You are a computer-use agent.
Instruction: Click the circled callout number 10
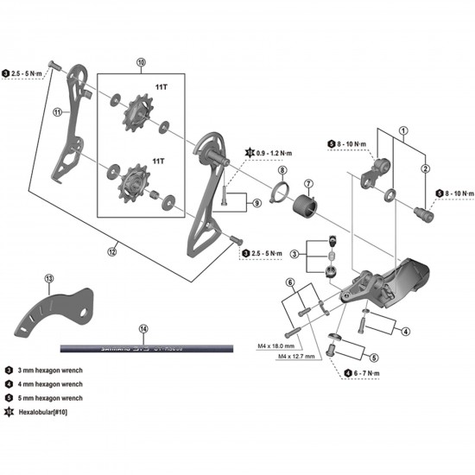click(x=142, y=63)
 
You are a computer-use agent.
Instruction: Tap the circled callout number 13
click(x=49, y=278)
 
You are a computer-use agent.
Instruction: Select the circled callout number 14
click(x=143, y=329)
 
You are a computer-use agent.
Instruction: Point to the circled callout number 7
click(x=308, y=185)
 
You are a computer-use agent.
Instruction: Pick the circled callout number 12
click(x=111, y=251)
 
